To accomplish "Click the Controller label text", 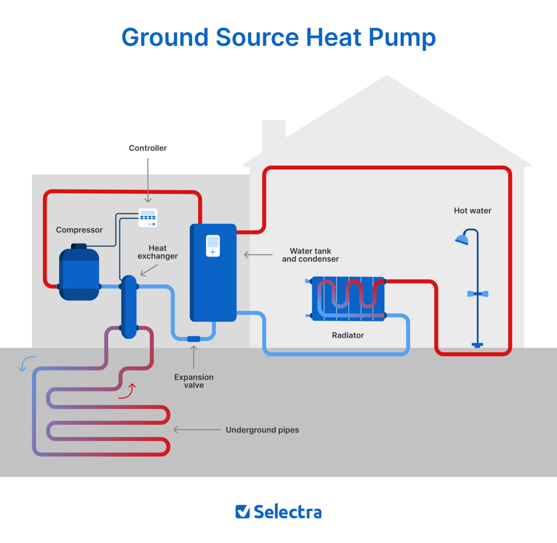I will pos(148,148).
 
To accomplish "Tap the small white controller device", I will pos(148,218).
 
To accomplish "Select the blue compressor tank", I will pos(79,275).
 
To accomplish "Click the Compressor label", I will pos(79,230).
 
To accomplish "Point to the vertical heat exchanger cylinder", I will pos(129,306).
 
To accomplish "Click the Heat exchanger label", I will pos(157,252).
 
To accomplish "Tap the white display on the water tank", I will pos(213,246).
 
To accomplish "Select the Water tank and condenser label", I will pos(310,255).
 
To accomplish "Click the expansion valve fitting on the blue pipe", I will pos(194,339).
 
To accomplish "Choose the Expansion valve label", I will pos(194,381).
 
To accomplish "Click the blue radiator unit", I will pos(348,298).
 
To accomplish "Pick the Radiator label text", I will pos(348,335).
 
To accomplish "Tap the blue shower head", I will pos(462,239).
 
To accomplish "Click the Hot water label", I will pos(472,211).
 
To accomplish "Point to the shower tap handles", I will pos(477,294).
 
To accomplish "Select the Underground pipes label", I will pos(262,430).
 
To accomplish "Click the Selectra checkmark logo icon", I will pos(242,511).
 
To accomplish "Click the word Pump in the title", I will pos(402,38).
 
